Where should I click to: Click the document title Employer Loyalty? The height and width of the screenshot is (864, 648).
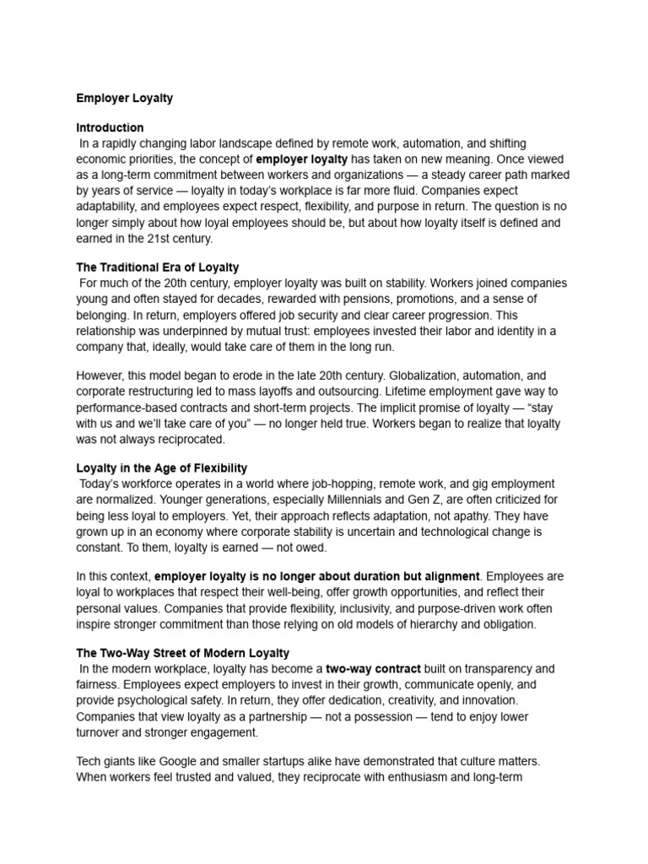(125, 98)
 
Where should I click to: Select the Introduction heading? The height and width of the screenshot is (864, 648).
(110, 128)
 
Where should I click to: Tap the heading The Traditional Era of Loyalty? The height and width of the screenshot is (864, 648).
(158, 267)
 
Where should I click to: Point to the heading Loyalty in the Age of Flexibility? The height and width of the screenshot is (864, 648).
(162, 468)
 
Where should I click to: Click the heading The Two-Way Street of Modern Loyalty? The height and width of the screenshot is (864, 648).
(183, 653)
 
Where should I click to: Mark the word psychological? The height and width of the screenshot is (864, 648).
(143, 700)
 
